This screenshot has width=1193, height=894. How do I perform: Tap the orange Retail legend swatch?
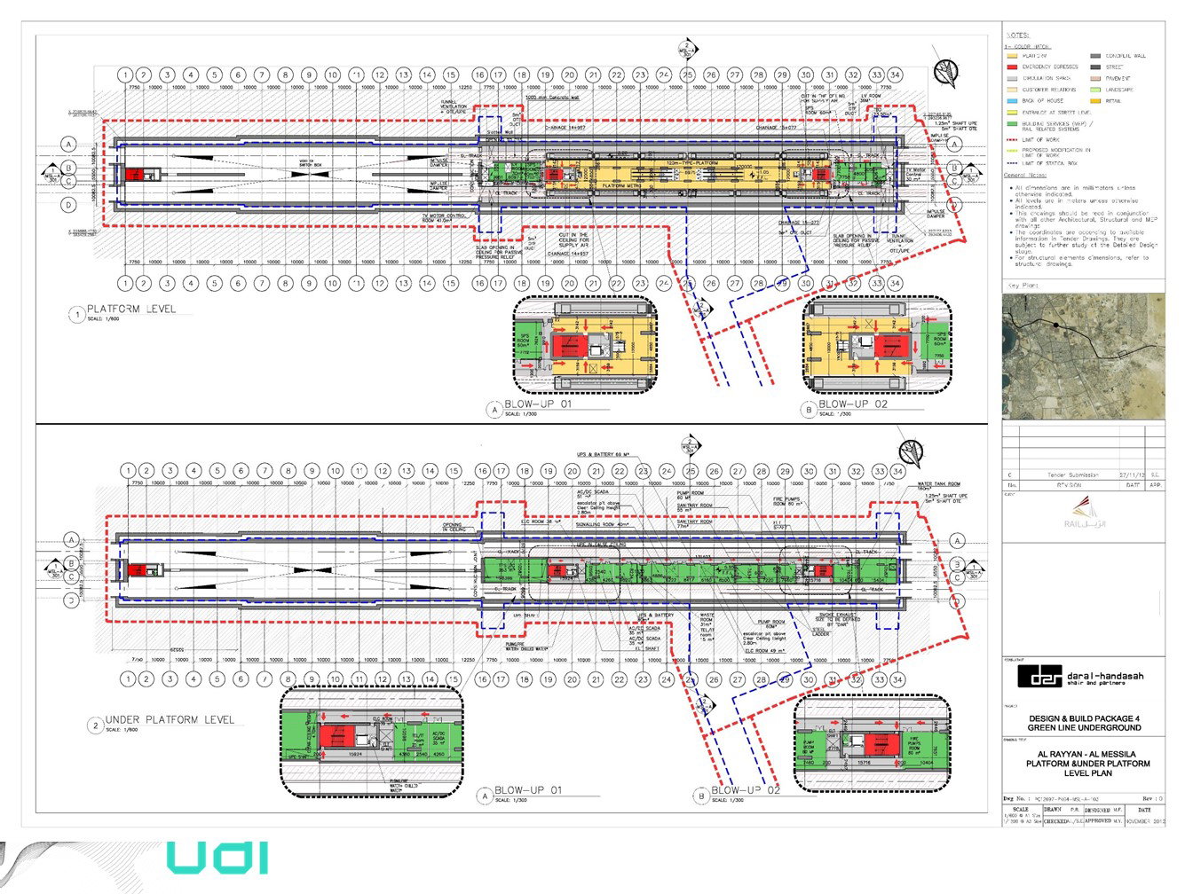tap(1095, 101)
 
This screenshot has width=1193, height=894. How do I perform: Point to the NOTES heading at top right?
tap(1018, 35)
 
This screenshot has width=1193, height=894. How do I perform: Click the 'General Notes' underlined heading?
tap(1025, 176)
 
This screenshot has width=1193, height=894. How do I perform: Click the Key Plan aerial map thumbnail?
tap(1083, 356)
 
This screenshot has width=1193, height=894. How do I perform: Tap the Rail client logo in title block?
tap(1083, 514)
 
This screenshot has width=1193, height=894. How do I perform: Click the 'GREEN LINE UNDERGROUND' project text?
tap(1084, 727)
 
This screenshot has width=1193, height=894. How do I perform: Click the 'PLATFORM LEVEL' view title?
tap(130, 309)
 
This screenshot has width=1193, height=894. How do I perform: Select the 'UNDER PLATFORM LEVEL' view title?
tap(170, 719)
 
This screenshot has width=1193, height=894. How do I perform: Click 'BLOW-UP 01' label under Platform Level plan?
tap(538, 404)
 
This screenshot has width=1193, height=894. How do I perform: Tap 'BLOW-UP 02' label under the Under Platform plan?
tap(746, 790)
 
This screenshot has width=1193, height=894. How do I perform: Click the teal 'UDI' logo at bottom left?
tap(217, 858)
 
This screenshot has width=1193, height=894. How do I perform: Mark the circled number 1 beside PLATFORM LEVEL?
tap(77, 314)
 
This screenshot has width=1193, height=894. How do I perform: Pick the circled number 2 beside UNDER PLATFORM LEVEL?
tap(95, 725)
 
